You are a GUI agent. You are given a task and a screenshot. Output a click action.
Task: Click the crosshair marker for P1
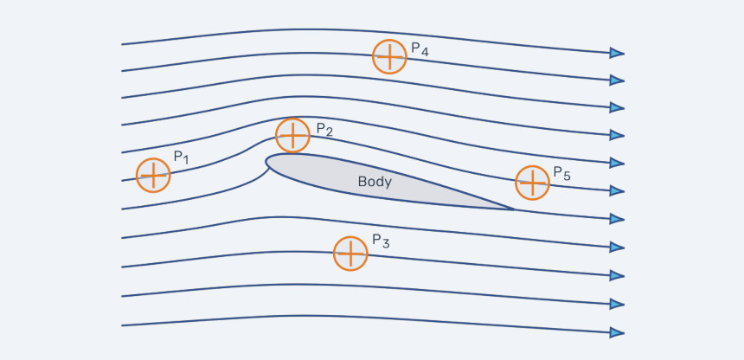153,176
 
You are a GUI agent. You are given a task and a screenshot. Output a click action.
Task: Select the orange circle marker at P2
292,135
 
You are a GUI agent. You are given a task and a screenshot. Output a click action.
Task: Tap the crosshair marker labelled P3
350,254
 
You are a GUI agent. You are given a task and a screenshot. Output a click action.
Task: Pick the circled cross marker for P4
389,56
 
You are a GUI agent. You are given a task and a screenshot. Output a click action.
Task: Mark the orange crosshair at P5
532,183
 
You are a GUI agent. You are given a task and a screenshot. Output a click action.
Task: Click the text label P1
182,157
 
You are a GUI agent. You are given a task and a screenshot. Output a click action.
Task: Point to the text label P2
324,130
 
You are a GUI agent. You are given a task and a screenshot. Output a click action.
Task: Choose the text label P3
381,241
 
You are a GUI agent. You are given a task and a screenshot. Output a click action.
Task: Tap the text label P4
420,49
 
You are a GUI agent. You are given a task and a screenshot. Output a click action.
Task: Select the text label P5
562,173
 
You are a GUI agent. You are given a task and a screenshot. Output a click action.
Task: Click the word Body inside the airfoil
375,182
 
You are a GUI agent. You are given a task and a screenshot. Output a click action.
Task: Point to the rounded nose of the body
266,162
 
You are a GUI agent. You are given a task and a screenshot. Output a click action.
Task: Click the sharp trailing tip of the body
513,209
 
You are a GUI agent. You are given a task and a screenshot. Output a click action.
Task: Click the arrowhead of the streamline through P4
617,80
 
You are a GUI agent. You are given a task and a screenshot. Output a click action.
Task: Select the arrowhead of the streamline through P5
617,191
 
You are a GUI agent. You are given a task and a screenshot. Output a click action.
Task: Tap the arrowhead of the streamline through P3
617,275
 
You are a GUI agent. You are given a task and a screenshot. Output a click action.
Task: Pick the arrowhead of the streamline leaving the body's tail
617,219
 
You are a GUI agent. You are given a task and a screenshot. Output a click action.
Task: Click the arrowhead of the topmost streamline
617,53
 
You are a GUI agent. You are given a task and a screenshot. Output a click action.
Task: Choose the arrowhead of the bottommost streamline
617,332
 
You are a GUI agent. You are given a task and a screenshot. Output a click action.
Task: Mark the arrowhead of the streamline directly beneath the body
617,247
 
